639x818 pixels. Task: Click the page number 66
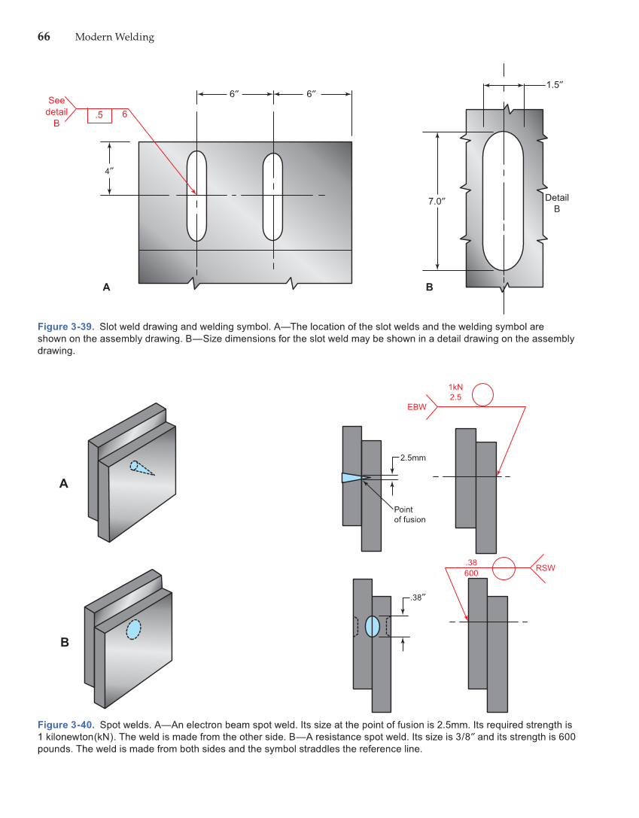click(44, 37)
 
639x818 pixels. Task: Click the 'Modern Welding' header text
click(114, 38)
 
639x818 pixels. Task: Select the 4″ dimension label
click(109, 170)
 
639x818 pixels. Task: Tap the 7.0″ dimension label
click(437, 202)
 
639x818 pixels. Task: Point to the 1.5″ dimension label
click(555, 85)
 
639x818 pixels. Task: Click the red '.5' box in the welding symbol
click(99, 115)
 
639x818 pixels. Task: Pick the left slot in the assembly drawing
click(196, 196)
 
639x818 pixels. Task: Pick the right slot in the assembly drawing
click(272, 196)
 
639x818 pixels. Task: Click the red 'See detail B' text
click(56, 111)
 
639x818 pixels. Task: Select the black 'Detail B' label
click(557, 202)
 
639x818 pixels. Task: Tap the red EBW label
click(417, 407)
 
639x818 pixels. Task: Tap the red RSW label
click(545, 567)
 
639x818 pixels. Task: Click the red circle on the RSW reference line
click(504, 568)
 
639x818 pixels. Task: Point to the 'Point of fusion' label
click(409, 515)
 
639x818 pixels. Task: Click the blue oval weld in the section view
click(372, 626)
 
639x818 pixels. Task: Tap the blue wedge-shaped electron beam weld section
click(351, 477)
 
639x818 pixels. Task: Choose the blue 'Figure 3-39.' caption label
click(65, 327)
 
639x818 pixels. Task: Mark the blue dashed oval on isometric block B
click(133, 629)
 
